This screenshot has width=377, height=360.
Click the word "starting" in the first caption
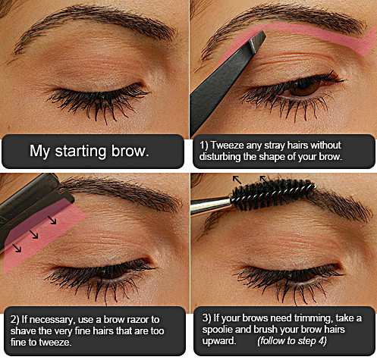(x=80, y=152)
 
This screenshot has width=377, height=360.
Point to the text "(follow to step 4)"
(x=292, y=341)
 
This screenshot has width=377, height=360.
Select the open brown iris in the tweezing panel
(x=304, y=89)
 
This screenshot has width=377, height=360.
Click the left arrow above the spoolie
(x=237, y=180)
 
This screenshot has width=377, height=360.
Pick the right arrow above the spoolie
(x=264, y=179)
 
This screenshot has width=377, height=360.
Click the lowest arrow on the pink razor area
(x=17, y=248)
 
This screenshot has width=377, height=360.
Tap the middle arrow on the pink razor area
(x=33, y=234)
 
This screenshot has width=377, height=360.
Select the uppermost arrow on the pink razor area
(x=52, y=220)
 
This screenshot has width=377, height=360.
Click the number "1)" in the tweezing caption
(x=203, y=146)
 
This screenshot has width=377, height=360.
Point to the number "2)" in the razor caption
(x=14, y=320)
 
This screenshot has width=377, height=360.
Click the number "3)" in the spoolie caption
(x=206, y=318)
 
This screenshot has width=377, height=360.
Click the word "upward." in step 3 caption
(x=219, y=341)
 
